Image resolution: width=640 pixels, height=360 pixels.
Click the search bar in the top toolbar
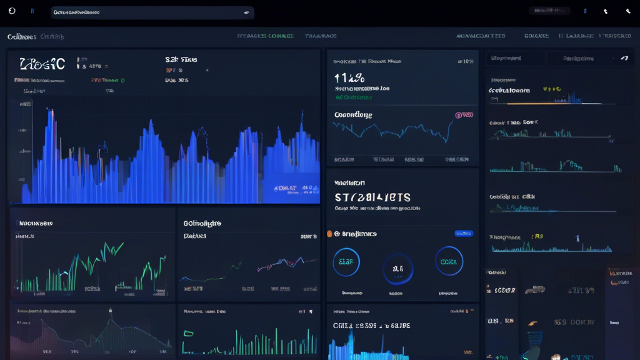point(150,12)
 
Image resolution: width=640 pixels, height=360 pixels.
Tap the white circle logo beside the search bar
point(12,11)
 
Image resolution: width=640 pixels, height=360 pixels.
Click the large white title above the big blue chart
point(42,64)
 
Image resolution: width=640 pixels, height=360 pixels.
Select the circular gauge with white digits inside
point(397,269)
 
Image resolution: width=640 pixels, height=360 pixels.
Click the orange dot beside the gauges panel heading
point(329,234)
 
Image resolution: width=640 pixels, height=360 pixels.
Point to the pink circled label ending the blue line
point(463,115)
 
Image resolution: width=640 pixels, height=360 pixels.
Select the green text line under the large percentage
point(353,97)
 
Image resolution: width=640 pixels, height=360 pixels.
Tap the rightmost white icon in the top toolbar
point(627,11)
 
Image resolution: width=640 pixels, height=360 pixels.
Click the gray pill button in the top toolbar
point(549,11)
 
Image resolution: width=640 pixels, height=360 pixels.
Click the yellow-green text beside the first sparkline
point(551,89)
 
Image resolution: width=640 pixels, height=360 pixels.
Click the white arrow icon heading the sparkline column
point(624,58)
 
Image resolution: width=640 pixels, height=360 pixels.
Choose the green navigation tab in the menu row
point(266,36)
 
